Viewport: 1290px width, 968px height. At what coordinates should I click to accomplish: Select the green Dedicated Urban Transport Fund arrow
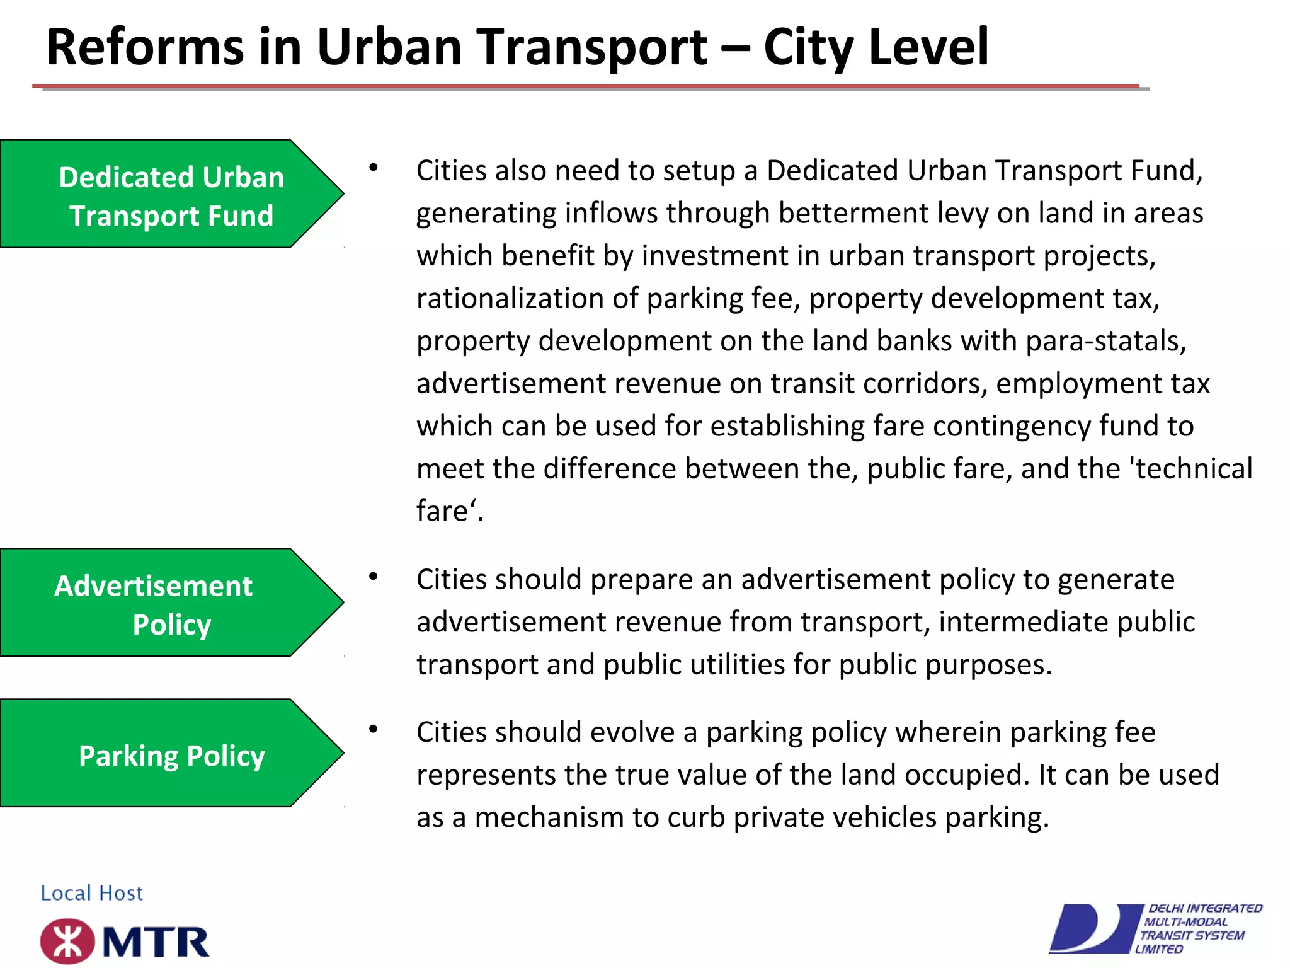click(171, 194)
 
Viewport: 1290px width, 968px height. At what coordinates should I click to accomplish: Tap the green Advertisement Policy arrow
click(171, 603)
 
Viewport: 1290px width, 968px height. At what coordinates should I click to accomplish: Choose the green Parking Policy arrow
click(171, 754)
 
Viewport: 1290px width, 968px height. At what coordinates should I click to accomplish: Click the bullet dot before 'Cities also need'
click(374, 168)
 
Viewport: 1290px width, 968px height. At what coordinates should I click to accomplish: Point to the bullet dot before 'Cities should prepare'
click(374, 576)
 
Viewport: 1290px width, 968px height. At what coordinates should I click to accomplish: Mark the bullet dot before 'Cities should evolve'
click(374, 729)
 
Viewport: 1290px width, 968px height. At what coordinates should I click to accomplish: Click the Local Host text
click(92, 893)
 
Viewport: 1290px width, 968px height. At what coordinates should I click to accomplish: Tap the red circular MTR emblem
click(67, 942)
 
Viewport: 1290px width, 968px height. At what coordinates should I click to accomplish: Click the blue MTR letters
click(156, 943)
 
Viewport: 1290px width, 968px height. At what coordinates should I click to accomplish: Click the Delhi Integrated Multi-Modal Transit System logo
click(1156, 928)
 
